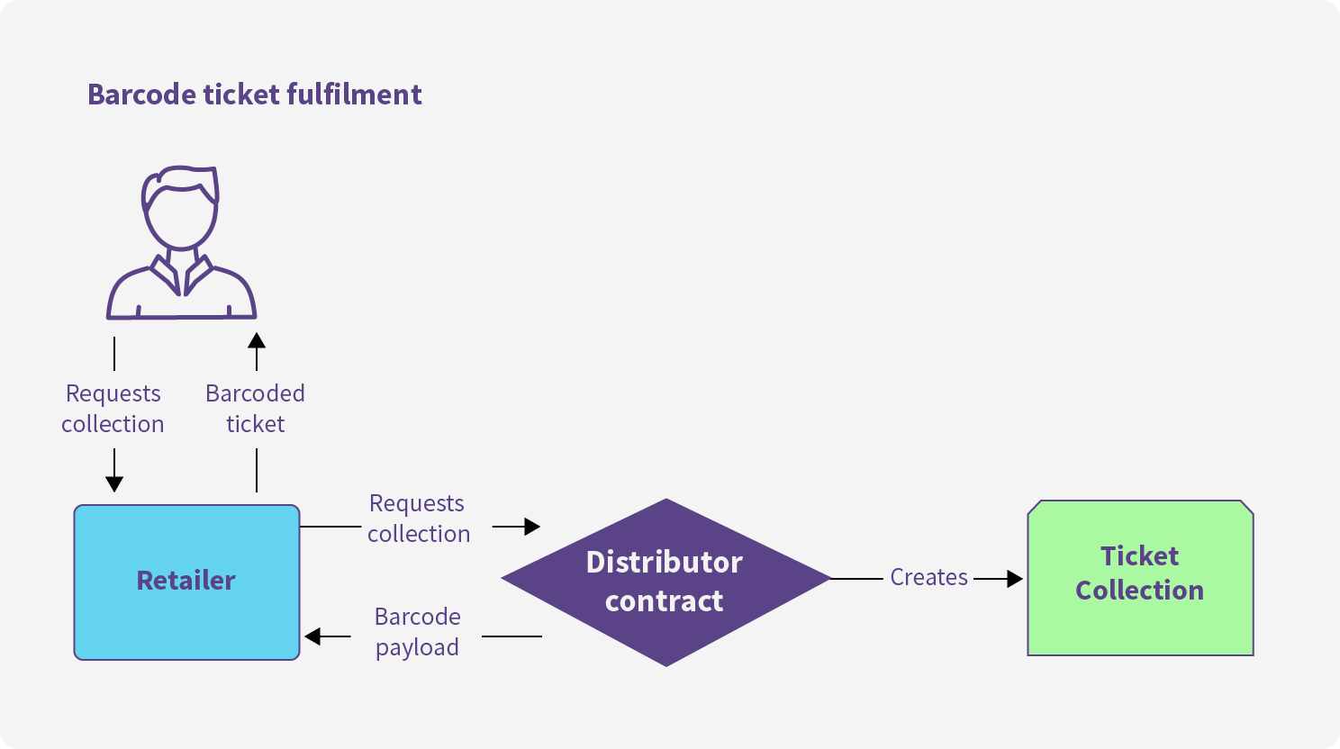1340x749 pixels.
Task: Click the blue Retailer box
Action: (x=186, y=582)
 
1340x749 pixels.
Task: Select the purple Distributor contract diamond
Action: (x=665, y=582)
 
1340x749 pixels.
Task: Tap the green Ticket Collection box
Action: (x=1140, y=578)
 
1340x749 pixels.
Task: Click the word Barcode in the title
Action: (x=141, y=95)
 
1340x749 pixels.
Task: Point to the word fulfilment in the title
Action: (x=354, y=95)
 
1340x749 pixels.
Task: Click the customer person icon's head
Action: (x=181, y=207)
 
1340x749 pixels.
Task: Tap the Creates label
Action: (x=928, y=577)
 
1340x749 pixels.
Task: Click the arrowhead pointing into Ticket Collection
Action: (x=1015, y=579)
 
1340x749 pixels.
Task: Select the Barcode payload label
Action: (x=418, y=632)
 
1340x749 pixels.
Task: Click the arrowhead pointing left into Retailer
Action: (x=312, y=636)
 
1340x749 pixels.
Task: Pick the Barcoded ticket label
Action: (x=256, y=409)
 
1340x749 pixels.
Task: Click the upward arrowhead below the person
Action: (x=257, y=340)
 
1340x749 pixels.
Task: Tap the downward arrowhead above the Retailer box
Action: (x=114, y=484)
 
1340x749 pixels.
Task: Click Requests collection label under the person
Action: (x=113, y=409)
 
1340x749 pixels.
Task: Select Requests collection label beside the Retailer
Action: (x=419, y=519)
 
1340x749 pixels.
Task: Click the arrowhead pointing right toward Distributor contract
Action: (x=532, y=527)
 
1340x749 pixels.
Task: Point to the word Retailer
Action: (x=186, y=581)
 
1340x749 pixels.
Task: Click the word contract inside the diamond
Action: (x=664, y=600)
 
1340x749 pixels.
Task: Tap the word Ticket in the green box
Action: (x=1139, y=555)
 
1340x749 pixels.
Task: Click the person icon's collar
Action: (x=181, y=275)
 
